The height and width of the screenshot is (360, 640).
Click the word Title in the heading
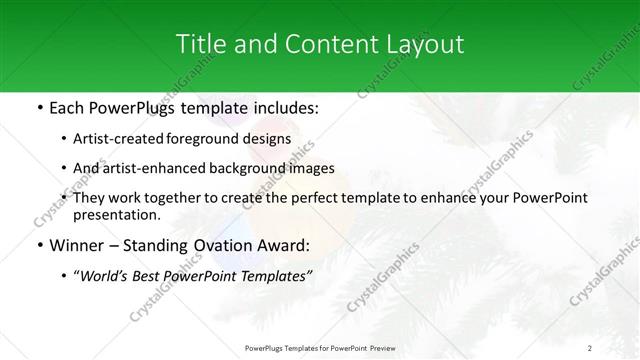point(198,44)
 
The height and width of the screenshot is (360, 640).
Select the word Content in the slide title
point(322,44)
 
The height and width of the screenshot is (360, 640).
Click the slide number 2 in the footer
point(590,348)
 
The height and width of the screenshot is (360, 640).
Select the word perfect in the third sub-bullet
point(312,198)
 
